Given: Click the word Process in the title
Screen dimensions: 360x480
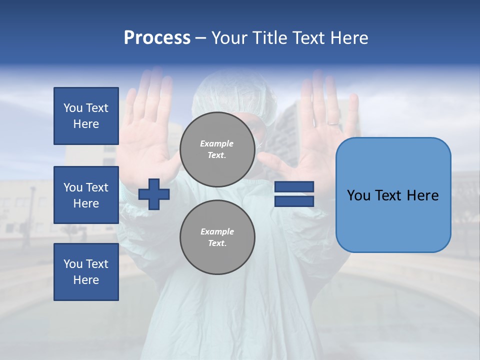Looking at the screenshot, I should (157, 38).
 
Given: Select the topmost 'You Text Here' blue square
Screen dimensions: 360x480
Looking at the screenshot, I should (86, 116).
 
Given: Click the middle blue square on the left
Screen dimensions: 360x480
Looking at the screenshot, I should (86, 195).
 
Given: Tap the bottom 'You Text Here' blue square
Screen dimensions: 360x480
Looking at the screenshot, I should (86, 272).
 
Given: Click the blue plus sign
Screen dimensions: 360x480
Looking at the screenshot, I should (154, 194).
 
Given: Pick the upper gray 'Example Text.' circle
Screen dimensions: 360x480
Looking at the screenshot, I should (217, 149).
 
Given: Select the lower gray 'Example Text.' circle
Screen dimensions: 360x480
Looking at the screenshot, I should (217, 237).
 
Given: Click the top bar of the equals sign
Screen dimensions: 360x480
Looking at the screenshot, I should (294, 187).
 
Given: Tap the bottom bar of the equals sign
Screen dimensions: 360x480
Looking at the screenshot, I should (294, 201).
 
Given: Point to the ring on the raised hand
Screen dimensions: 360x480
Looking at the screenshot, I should (332, 122).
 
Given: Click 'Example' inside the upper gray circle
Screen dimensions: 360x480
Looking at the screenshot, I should (216, 143).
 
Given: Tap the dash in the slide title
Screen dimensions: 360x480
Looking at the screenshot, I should (200, 38).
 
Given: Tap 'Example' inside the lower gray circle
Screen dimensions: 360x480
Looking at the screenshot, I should (216, 231).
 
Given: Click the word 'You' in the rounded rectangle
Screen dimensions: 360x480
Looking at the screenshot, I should (358, 195).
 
